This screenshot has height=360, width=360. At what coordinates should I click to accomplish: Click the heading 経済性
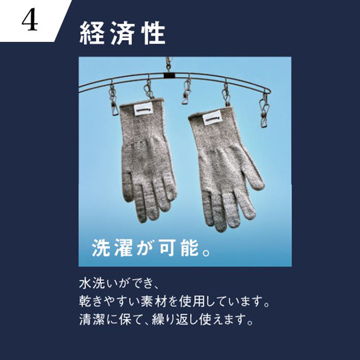122,33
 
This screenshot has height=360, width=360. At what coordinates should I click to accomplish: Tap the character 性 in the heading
154,33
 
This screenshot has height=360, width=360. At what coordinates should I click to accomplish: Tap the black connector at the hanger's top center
169,75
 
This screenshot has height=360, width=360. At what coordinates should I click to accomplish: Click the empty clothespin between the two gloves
187,92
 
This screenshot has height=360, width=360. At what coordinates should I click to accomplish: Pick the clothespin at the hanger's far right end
264,110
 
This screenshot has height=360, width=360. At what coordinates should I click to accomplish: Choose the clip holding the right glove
226,95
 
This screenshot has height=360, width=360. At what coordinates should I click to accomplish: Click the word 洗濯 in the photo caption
112,248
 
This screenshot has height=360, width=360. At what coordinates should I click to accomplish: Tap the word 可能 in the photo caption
179,248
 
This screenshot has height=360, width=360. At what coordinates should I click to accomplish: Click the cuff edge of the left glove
141,102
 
